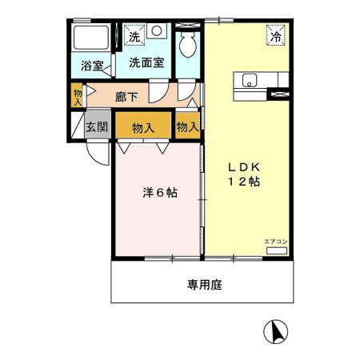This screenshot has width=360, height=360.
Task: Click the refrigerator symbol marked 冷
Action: [x=275, y=36]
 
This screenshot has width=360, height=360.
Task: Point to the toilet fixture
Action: [x=189, y=45]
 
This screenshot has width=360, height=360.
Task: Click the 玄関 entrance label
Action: [x=97, y=126]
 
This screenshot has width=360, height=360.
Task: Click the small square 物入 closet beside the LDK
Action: [x=187, y=126]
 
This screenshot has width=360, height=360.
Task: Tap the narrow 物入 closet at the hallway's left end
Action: [x=78, y=97]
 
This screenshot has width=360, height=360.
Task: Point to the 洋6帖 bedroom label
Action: [x=160, y=193]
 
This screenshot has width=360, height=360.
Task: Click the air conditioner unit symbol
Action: [x=274, y=250]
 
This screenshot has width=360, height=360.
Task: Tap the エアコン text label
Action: [x=274, y=241]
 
